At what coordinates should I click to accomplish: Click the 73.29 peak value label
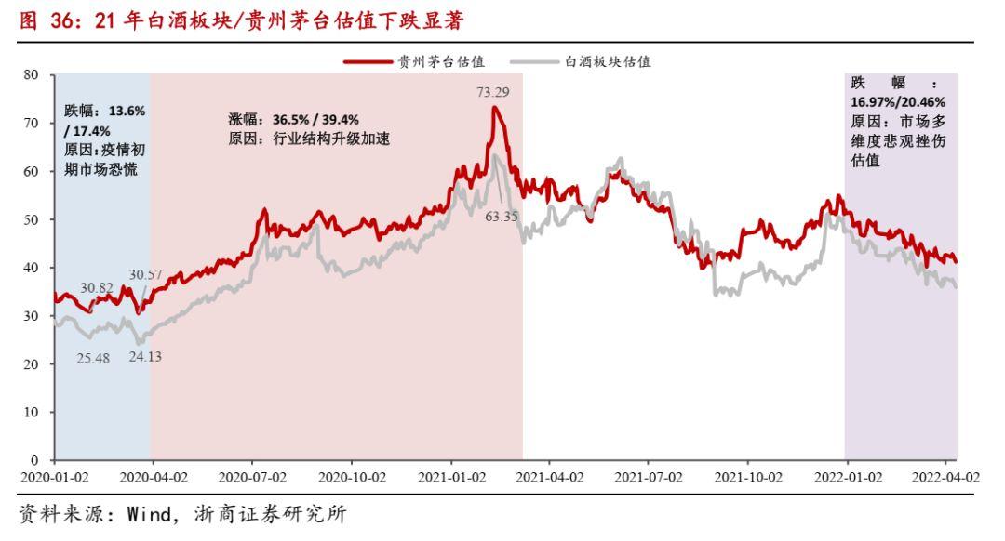pos(493,92)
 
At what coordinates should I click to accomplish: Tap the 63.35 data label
pos(502,217)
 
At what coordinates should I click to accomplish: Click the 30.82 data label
pos(97,287)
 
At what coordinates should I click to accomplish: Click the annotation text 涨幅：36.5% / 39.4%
pos(293,120)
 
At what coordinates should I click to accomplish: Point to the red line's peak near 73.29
pos(495,107)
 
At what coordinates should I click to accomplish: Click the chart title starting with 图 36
pos(240,20)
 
